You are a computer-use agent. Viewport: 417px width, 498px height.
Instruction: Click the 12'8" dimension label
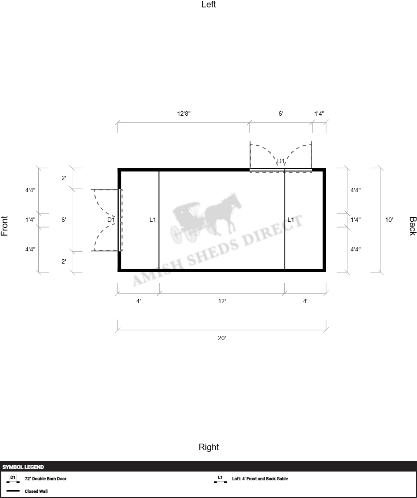pyautogui.click(x=183, y=114)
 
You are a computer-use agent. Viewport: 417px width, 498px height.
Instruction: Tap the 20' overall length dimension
pyautogui.click(x=222, y=338)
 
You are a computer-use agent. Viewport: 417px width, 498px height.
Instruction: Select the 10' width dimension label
pyautogui.click(x=389, y=220)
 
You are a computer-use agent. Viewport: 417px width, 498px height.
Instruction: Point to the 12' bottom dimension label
pyautogui.click(x=222, y=301)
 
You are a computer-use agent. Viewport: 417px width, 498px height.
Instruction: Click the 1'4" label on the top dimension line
pyautogui.click(x=319, y=114)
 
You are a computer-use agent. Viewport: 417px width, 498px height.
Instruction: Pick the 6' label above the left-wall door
pyautogui.click(x=281, y=114)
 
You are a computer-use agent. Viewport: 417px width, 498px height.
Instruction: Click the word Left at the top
pyautogui.click(x=209, y=4)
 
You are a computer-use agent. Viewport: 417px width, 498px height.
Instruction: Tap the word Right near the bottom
pyautogui.click(x=209, y=447)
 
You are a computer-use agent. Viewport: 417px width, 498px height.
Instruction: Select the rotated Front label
pyautogui.click(x=4, y=226)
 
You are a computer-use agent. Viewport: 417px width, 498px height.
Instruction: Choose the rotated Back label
pyautogui.click(x=413, y=226)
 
